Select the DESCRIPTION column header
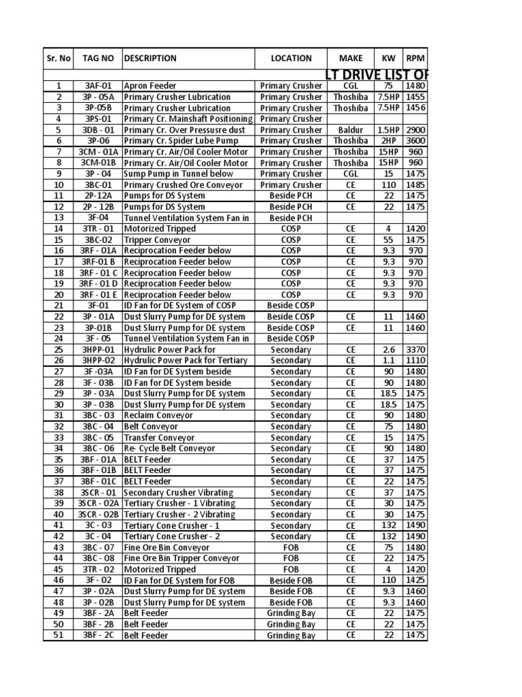[150, 59]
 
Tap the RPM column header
[415, 59]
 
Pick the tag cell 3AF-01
[98, 86]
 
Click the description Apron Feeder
[150, 86]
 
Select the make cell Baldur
[351, 130]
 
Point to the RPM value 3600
[415, 141]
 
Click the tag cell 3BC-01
[98, 185]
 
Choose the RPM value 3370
[415, 350]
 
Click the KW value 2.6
[389, 350]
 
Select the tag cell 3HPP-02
[98, 361]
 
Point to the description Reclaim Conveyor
[158, 416]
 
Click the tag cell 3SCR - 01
[98, 493]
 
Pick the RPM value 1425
[415, 581]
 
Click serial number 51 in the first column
[59, 636]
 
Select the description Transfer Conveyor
[159, 438]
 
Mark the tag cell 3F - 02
[98, 581]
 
